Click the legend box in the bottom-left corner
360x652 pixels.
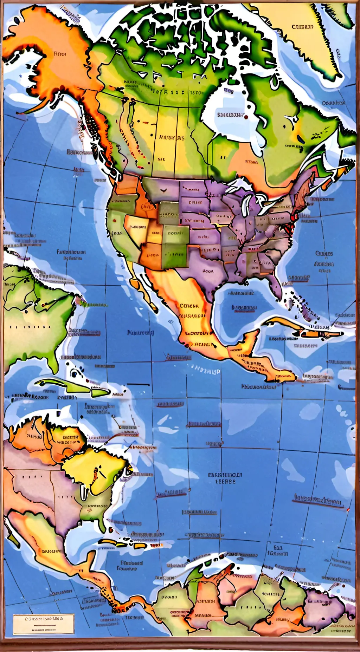(x=44, y=624)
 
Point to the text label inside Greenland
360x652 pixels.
(x=302, y=27)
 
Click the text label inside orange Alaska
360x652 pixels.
(x=60, y=54)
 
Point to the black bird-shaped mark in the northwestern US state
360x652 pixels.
(x=163, y=190)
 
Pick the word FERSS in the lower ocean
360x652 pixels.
(x=225, y=482)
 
